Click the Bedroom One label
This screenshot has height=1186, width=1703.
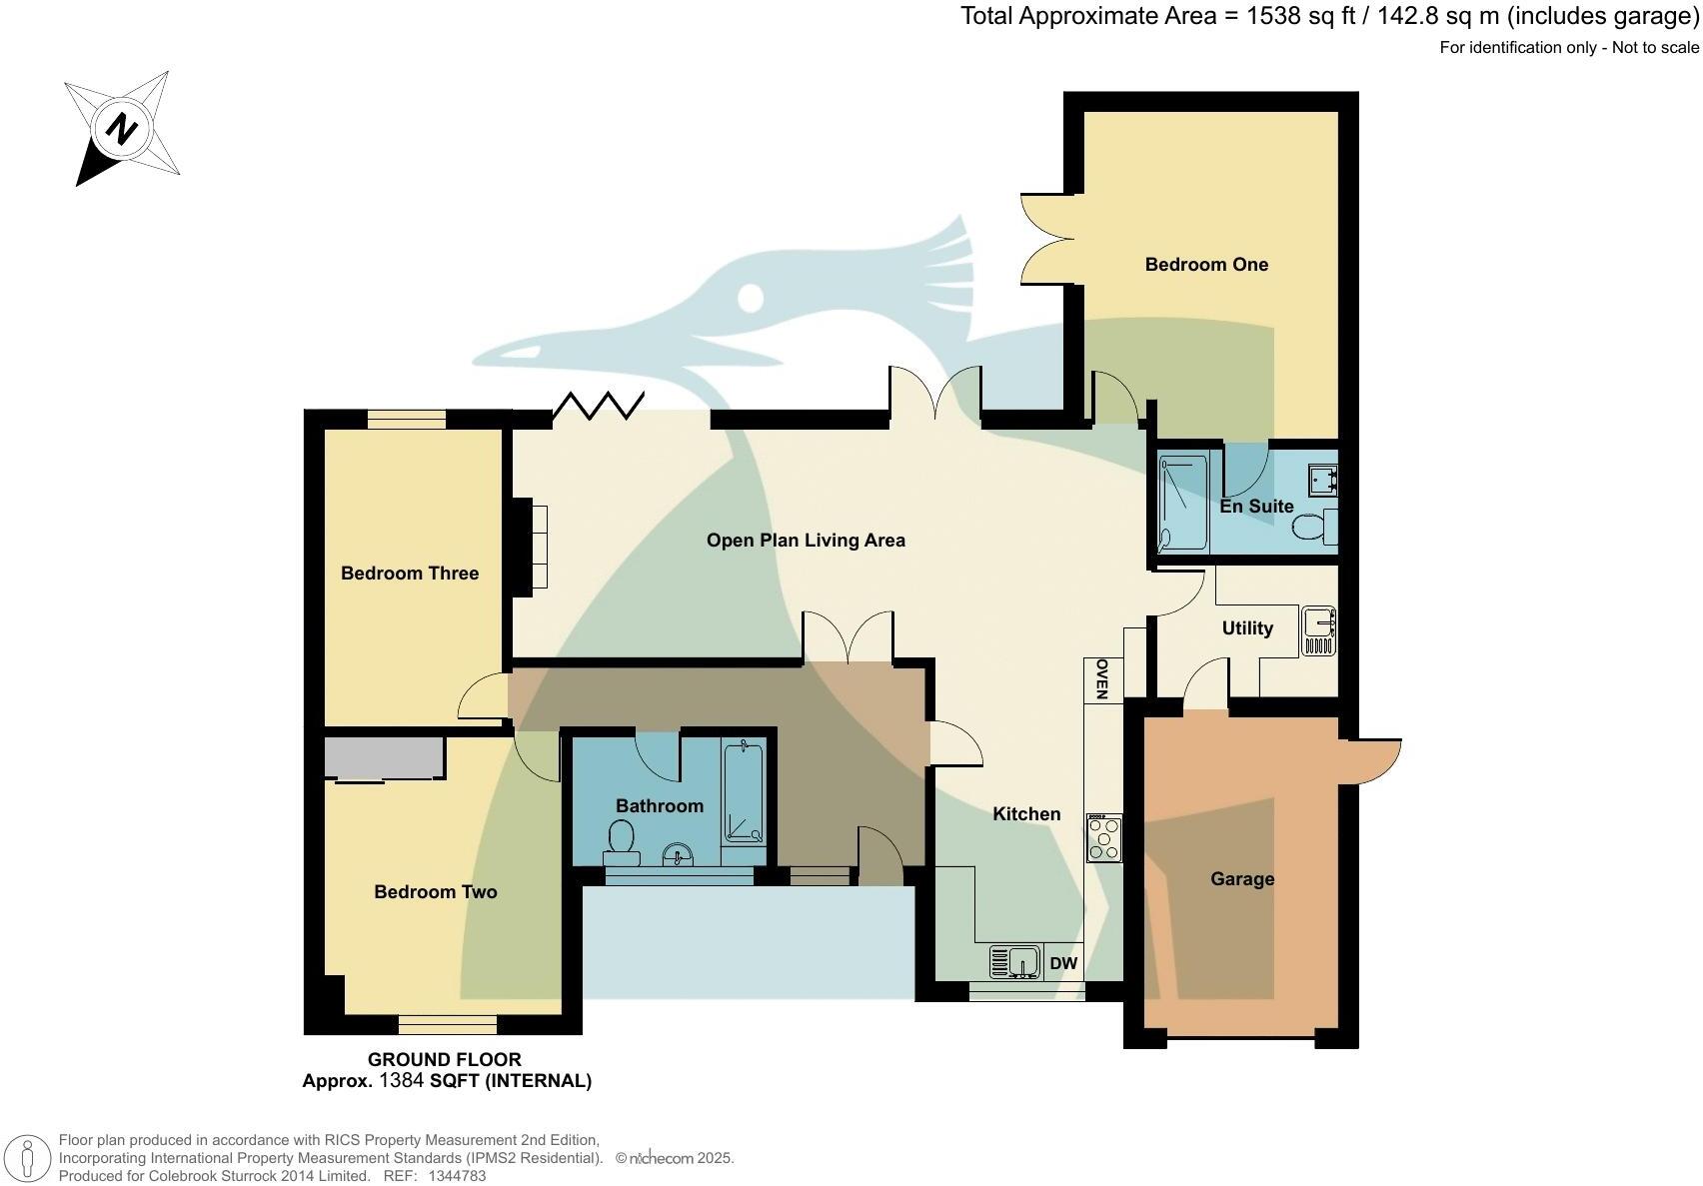1206,265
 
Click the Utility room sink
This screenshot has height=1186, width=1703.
1319,630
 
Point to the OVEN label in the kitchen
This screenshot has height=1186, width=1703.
1102,679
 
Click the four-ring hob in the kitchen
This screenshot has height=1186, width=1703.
1104,838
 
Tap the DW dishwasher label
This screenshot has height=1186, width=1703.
1064,964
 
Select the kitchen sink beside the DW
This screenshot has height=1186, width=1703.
1015,962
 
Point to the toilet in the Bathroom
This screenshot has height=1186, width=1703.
622,842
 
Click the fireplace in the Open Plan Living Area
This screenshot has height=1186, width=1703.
531,547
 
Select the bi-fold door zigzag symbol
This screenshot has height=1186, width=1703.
598,405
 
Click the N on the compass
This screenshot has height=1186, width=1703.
122,129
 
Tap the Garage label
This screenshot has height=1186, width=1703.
1242,879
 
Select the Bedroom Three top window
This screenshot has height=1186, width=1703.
406,420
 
